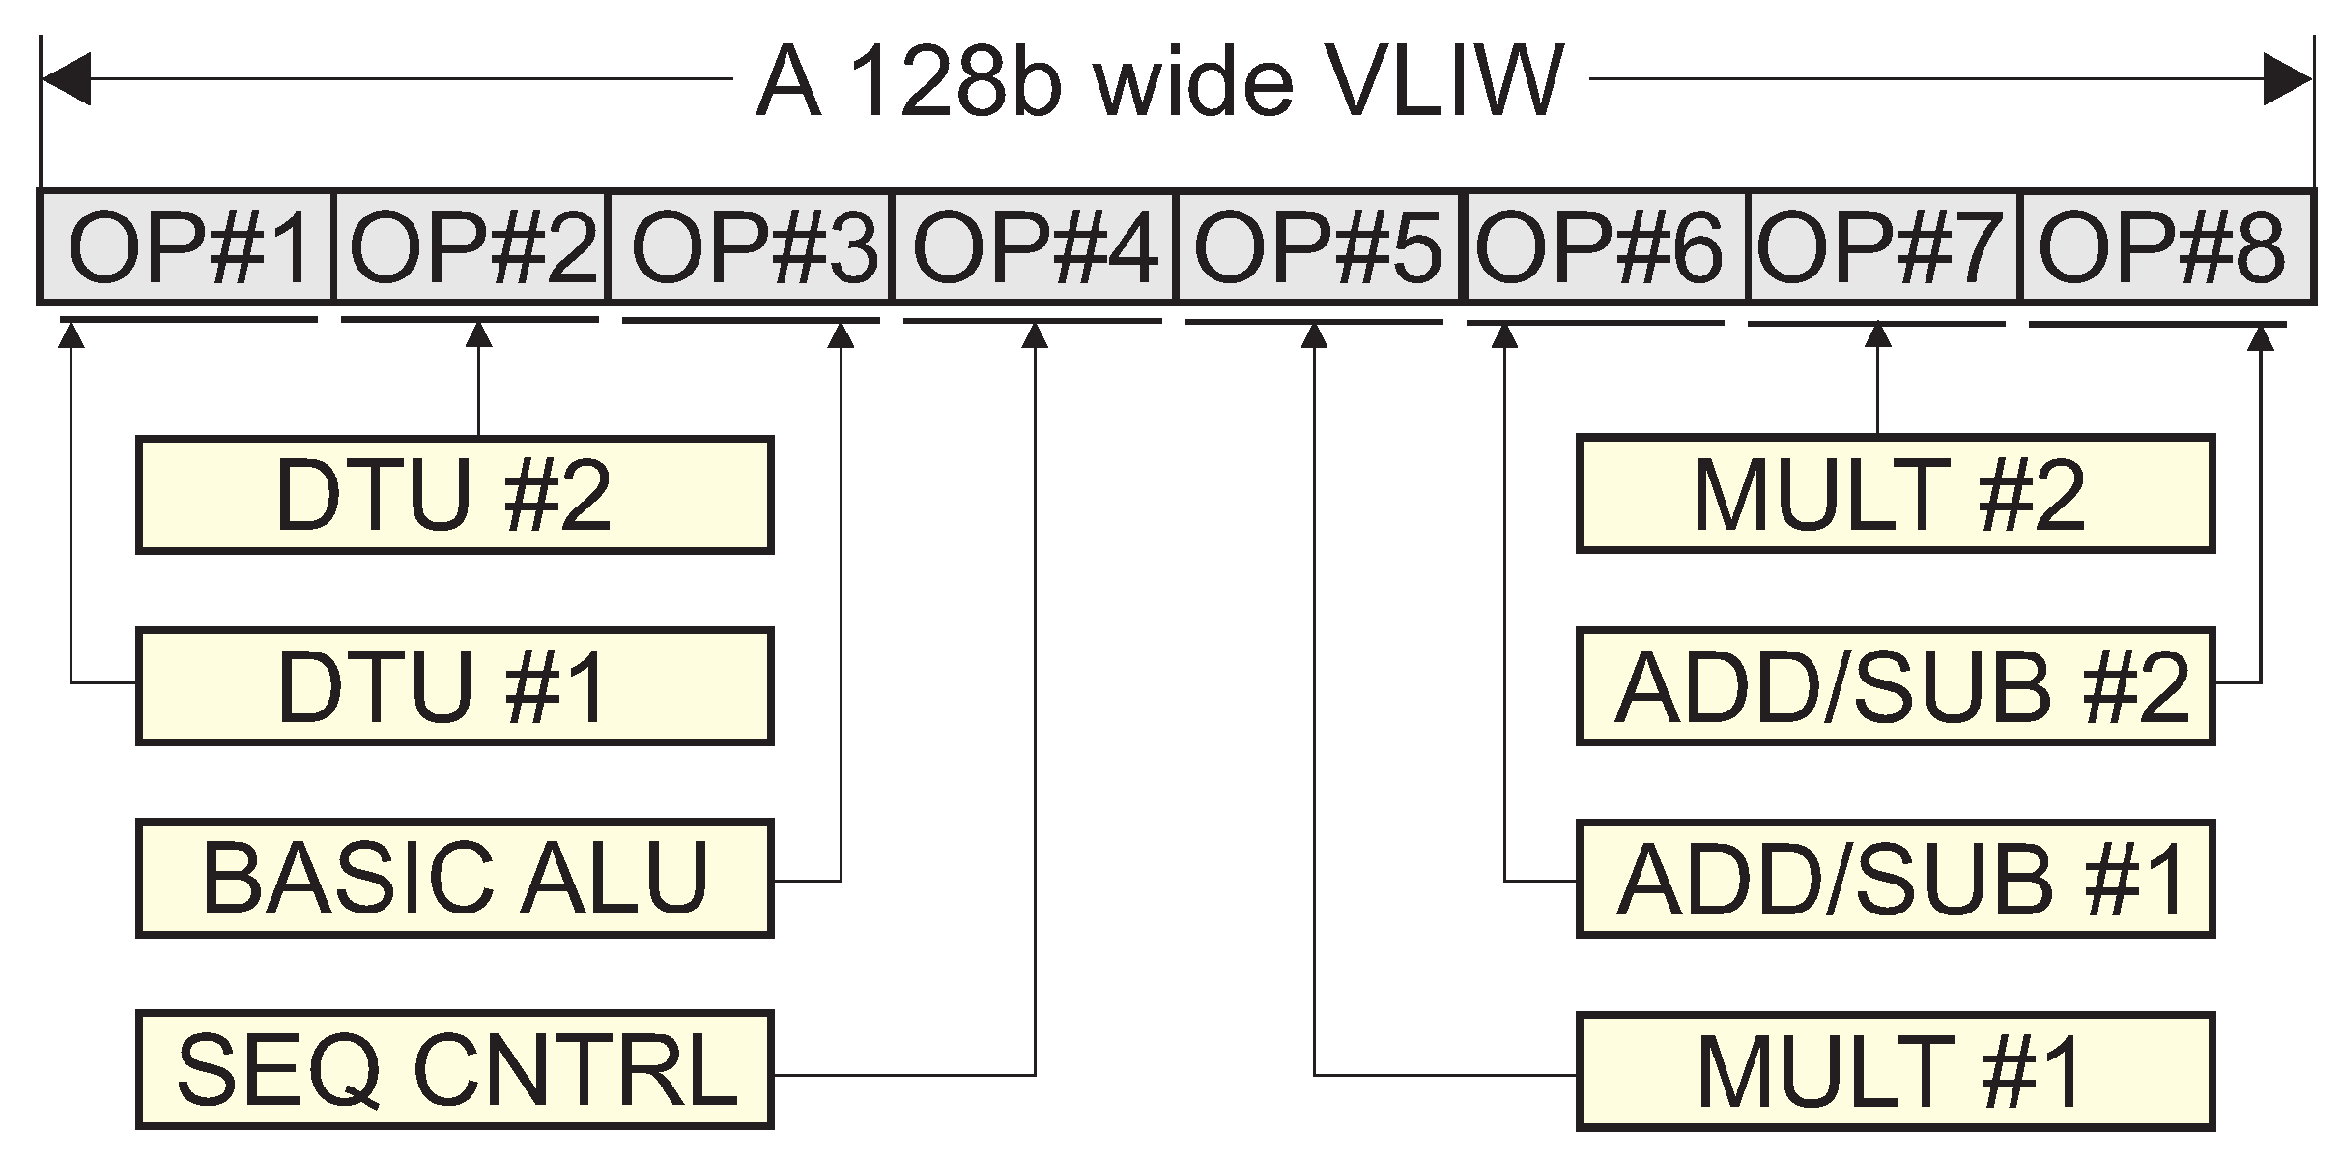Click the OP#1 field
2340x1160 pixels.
[186, 247]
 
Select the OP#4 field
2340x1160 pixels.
[1034, 247]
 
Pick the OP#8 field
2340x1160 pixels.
[2166, 247]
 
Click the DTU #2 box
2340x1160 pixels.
[454, 495]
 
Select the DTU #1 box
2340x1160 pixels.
[454, 686]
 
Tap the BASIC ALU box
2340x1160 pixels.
[454, 878]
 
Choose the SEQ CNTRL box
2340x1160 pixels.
[454, 1070]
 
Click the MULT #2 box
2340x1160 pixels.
[1895, 495]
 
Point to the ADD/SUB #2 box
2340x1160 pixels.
[1895, 686]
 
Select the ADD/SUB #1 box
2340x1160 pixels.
[1895, 878]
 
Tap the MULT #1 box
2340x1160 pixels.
[1895, 1071]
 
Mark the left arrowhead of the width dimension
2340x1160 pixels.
[66, 79]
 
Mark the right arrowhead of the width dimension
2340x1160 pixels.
[2288, 79]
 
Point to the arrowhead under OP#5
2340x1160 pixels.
[1314, 334]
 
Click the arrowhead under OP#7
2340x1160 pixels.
[1877, 334]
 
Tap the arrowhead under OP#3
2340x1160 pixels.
[842, 334]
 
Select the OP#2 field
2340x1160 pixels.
[471, 247]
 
